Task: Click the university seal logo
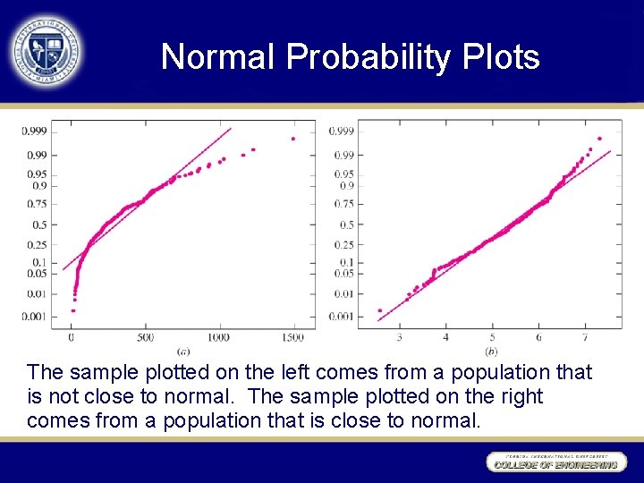pyautogui.click(x=46, y=51)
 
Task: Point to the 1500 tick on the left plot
pyautogui.click(x=292, y=337)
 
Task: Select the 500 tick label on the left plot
pyautogui.click(x=145, y=337)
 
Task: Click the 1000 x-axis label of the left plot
pyautogui.click(x=218, y=337)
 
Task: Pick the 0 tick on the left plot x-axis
pyautogui.click(x=72, y=337)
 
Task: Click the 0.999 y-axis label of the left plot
pyautogui.click(x=34, y=131)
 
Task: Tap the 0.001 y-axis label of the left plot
pyautogui.click(x=34, y=316)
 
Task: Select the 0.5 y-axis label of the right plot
pyautogui.click(x=344, y=225)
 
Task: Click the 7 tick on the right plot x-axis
pyautogui.click(x=584, y=337)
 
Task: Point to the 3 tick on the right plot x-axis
pyautogui.click(x=399, y=337)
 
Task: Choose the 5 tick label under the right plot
pyautogui.click(x=492, y=337)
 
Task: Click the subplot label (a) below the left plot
pyautogui.click(x=183, y=350)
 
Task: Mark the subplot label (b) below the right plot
pyautogui.click(x=491, y=350)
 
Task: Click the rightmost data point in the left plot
pyautogui.click(x=292, y=139)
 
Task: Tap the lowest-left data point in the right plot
pyautogui.click(x=380, y=310)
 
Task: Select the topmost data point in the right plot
pyautogui.click(x=599, y=138)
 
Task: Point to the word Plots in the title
pyautogui.click(x=501, y=57)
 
